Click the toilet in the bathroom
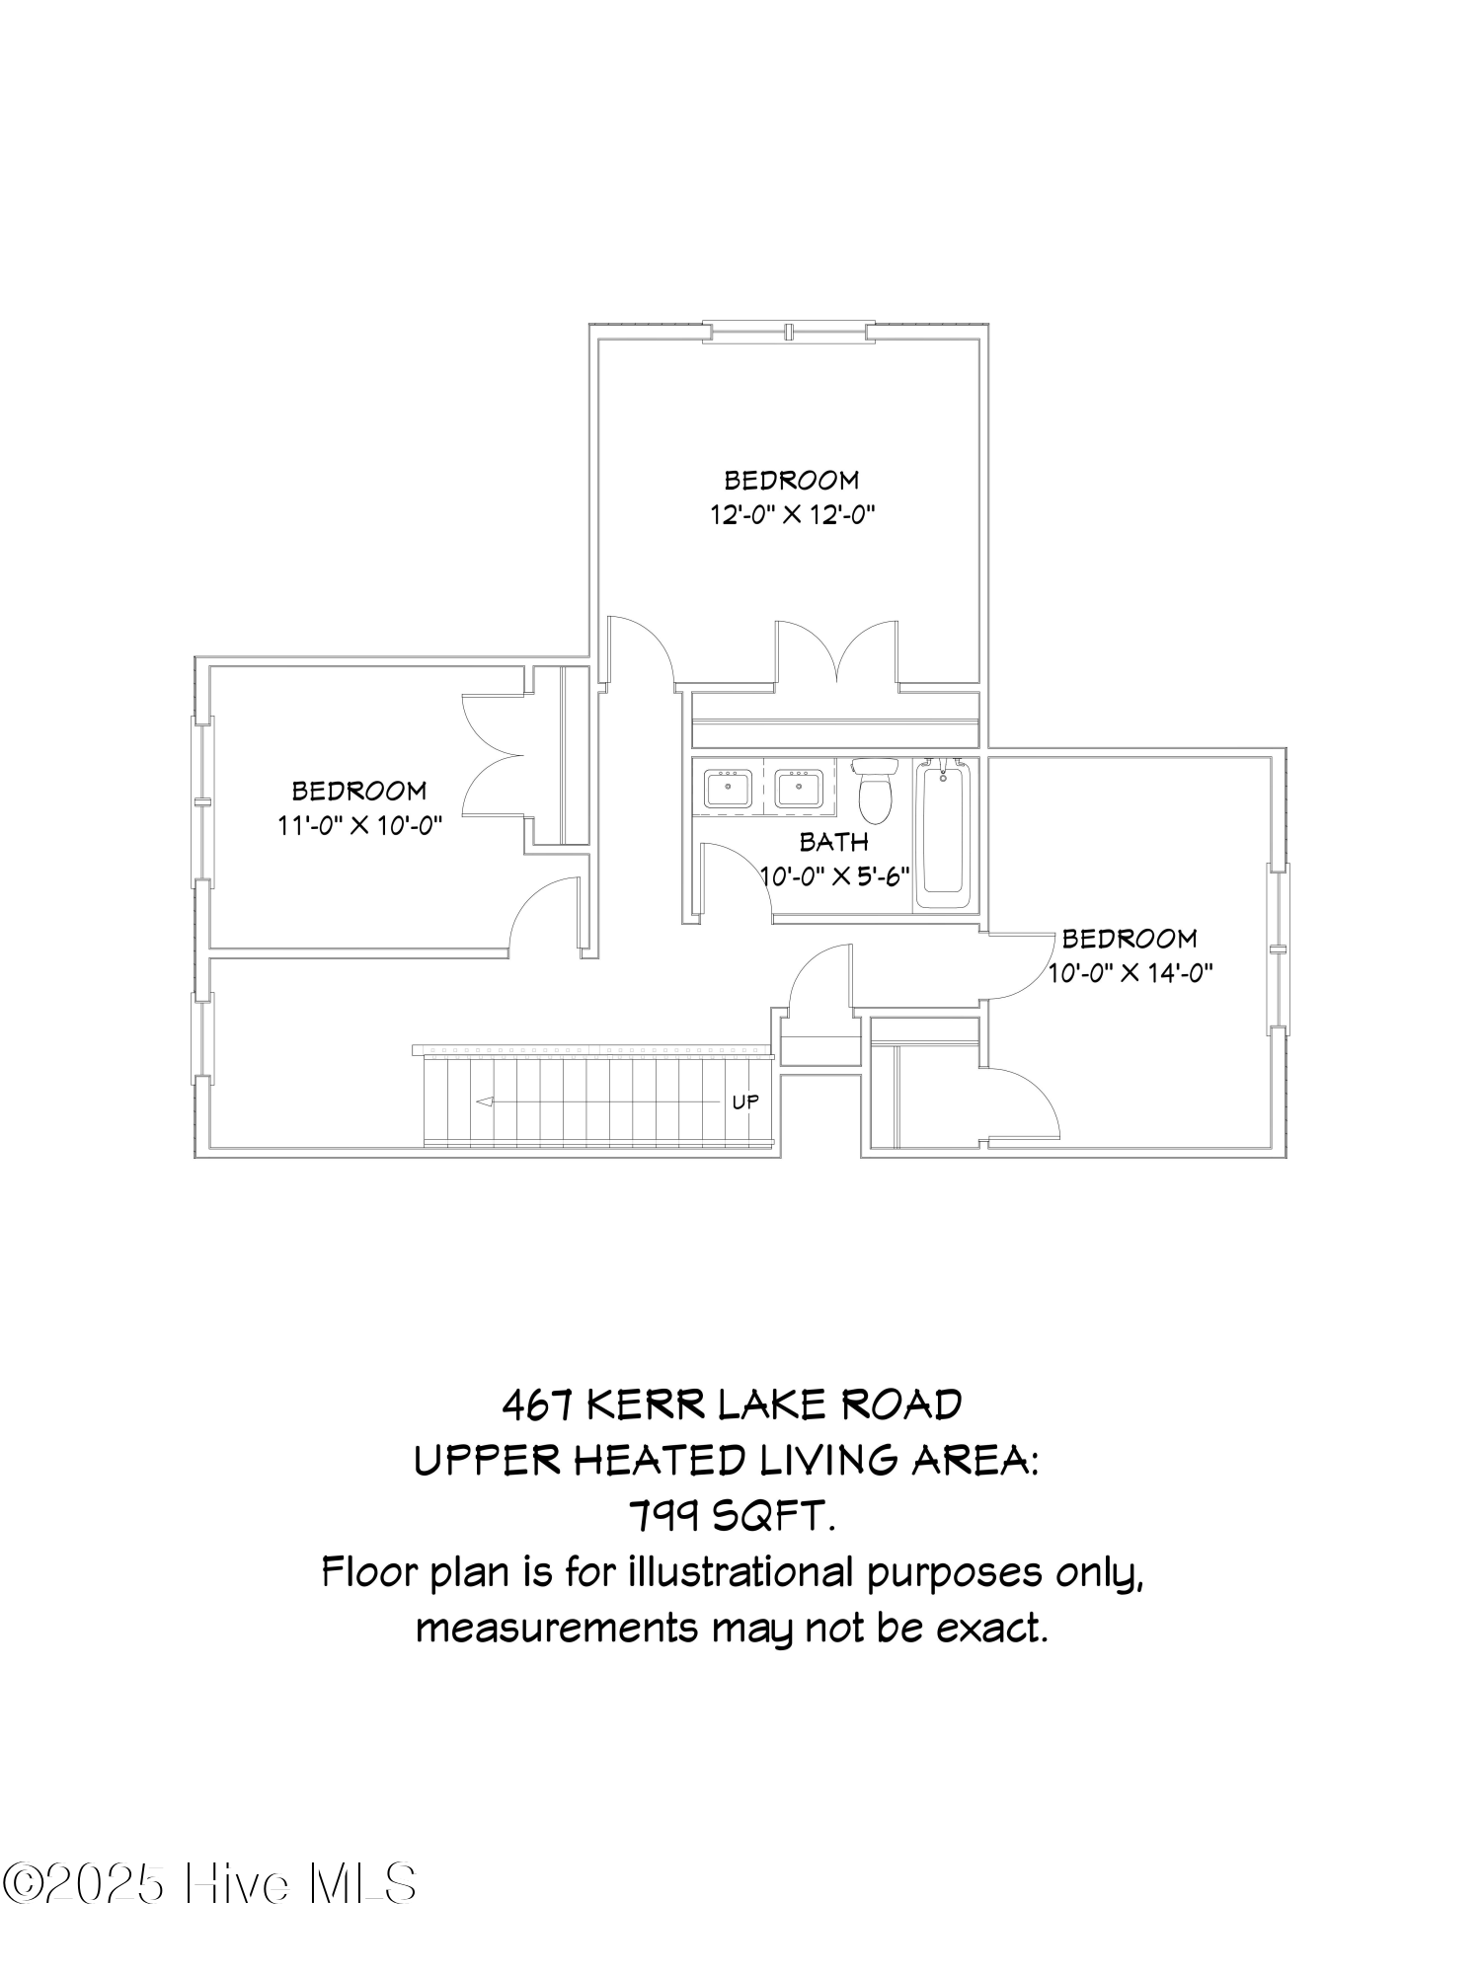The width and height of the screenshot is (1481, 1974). point(875,790)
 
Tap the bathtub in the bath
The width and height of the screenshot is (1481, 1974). point(943,833)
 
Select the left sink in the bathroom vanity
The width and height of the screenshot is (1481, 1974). point(728,790)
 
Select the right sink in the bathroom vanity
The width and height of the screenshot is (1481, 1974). point(798,790)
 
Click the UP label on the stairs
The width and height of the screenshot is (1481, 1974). point(745,1101)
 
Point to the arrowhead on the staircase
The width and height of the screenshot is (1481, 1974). point(485,1101)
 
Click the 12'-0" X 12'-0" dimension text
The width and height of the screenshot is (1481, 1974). point(794,515)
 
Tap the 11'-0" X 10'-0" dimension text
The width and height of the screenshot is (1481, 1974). point(359,825)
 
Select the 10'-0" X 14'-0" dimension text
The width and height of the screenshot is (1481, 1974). point(1130,973)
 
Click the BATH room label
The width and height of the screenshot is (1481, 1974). point(833,842)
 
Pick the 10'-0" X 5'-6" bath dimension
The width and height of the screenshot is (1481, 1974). point(835,876)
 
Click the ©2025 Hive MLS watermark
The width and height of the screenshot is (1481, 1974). point(209,1884)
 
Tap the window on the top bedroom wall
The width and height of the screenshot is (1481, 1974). point(790,332)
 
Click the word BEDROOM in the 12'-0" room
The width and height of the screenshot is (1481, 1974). point(792,481)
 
